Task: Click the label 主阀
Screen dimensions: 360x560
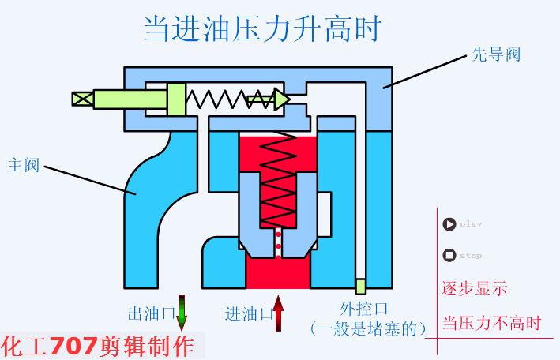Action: [24, 166]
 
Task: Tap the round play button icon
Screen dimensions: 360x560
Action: [449, 223]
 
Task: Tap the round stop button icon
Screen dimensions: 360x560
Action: [449, 255]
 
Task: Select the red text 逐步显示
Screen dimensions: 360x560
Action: [473, 288]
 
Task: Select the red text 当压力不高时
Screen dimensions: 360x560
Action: [491, 324]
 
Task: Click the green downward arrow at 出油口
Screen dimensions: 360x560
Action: [182, 311]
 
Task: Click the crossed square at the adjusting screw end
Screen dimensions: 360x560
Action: [81, 99]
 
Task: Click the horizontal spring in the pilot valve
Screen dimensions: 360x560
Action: [217, 99]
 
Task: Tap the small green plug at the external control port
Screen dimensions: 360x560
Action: [360, 286]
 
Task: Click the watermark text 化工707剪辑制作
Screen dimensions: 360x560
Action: [98, 346]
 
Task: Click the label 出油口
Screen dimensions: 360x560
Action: [151, 313]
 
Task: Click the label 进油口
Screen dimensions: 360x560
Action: [249, 313]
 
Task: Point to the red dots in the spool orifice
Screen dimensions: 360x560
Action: [277, 243]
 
